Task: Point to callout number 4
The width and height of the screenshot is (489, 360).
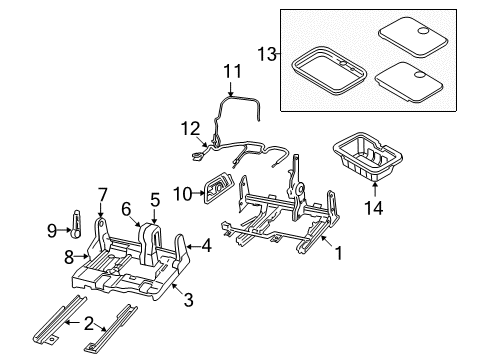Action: [206, 243]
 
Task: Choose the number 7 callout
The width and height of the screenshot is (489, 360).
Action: [101, 193]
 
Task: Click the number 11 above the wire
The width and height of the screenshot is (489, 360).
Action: [232, 71]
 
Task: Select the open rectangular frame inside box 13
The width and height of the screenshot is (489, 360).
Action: [329, 76]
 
